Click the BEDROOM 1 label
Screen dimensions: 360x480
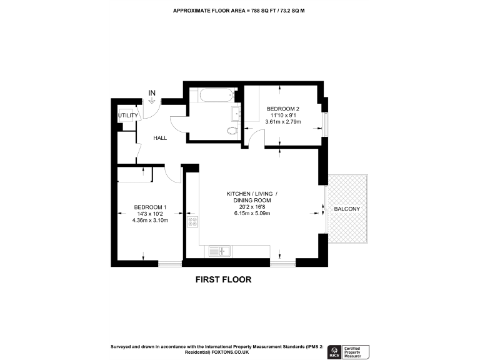[150, 207]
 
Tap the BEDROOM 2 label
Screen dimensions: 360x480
[283, 109]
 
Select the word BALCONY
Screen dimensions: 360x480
[346, 208]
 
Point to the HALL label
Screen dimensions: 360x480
[160, 137]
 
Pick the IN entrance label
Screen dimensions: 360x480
[151, 93]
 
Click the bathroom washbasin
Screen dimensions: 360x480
[236, 114]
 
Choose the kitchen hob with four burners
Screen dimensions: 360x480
[192, 221]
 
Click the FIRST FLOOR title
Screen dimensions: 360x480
[224, 279]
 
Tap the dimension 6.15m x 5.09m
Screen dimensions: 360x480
[252, 214]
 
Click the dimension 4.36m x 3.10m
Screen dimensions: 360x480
[150, 220]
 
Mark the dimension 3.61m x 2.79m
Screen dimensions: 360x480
[283, 122]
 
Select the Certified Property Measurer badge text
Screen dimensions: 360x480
[354, 351]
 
